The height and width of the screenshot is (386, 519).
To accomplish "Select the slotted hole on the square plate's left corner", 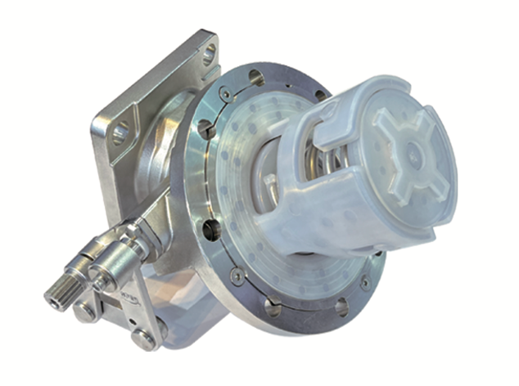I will (120, 132).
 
